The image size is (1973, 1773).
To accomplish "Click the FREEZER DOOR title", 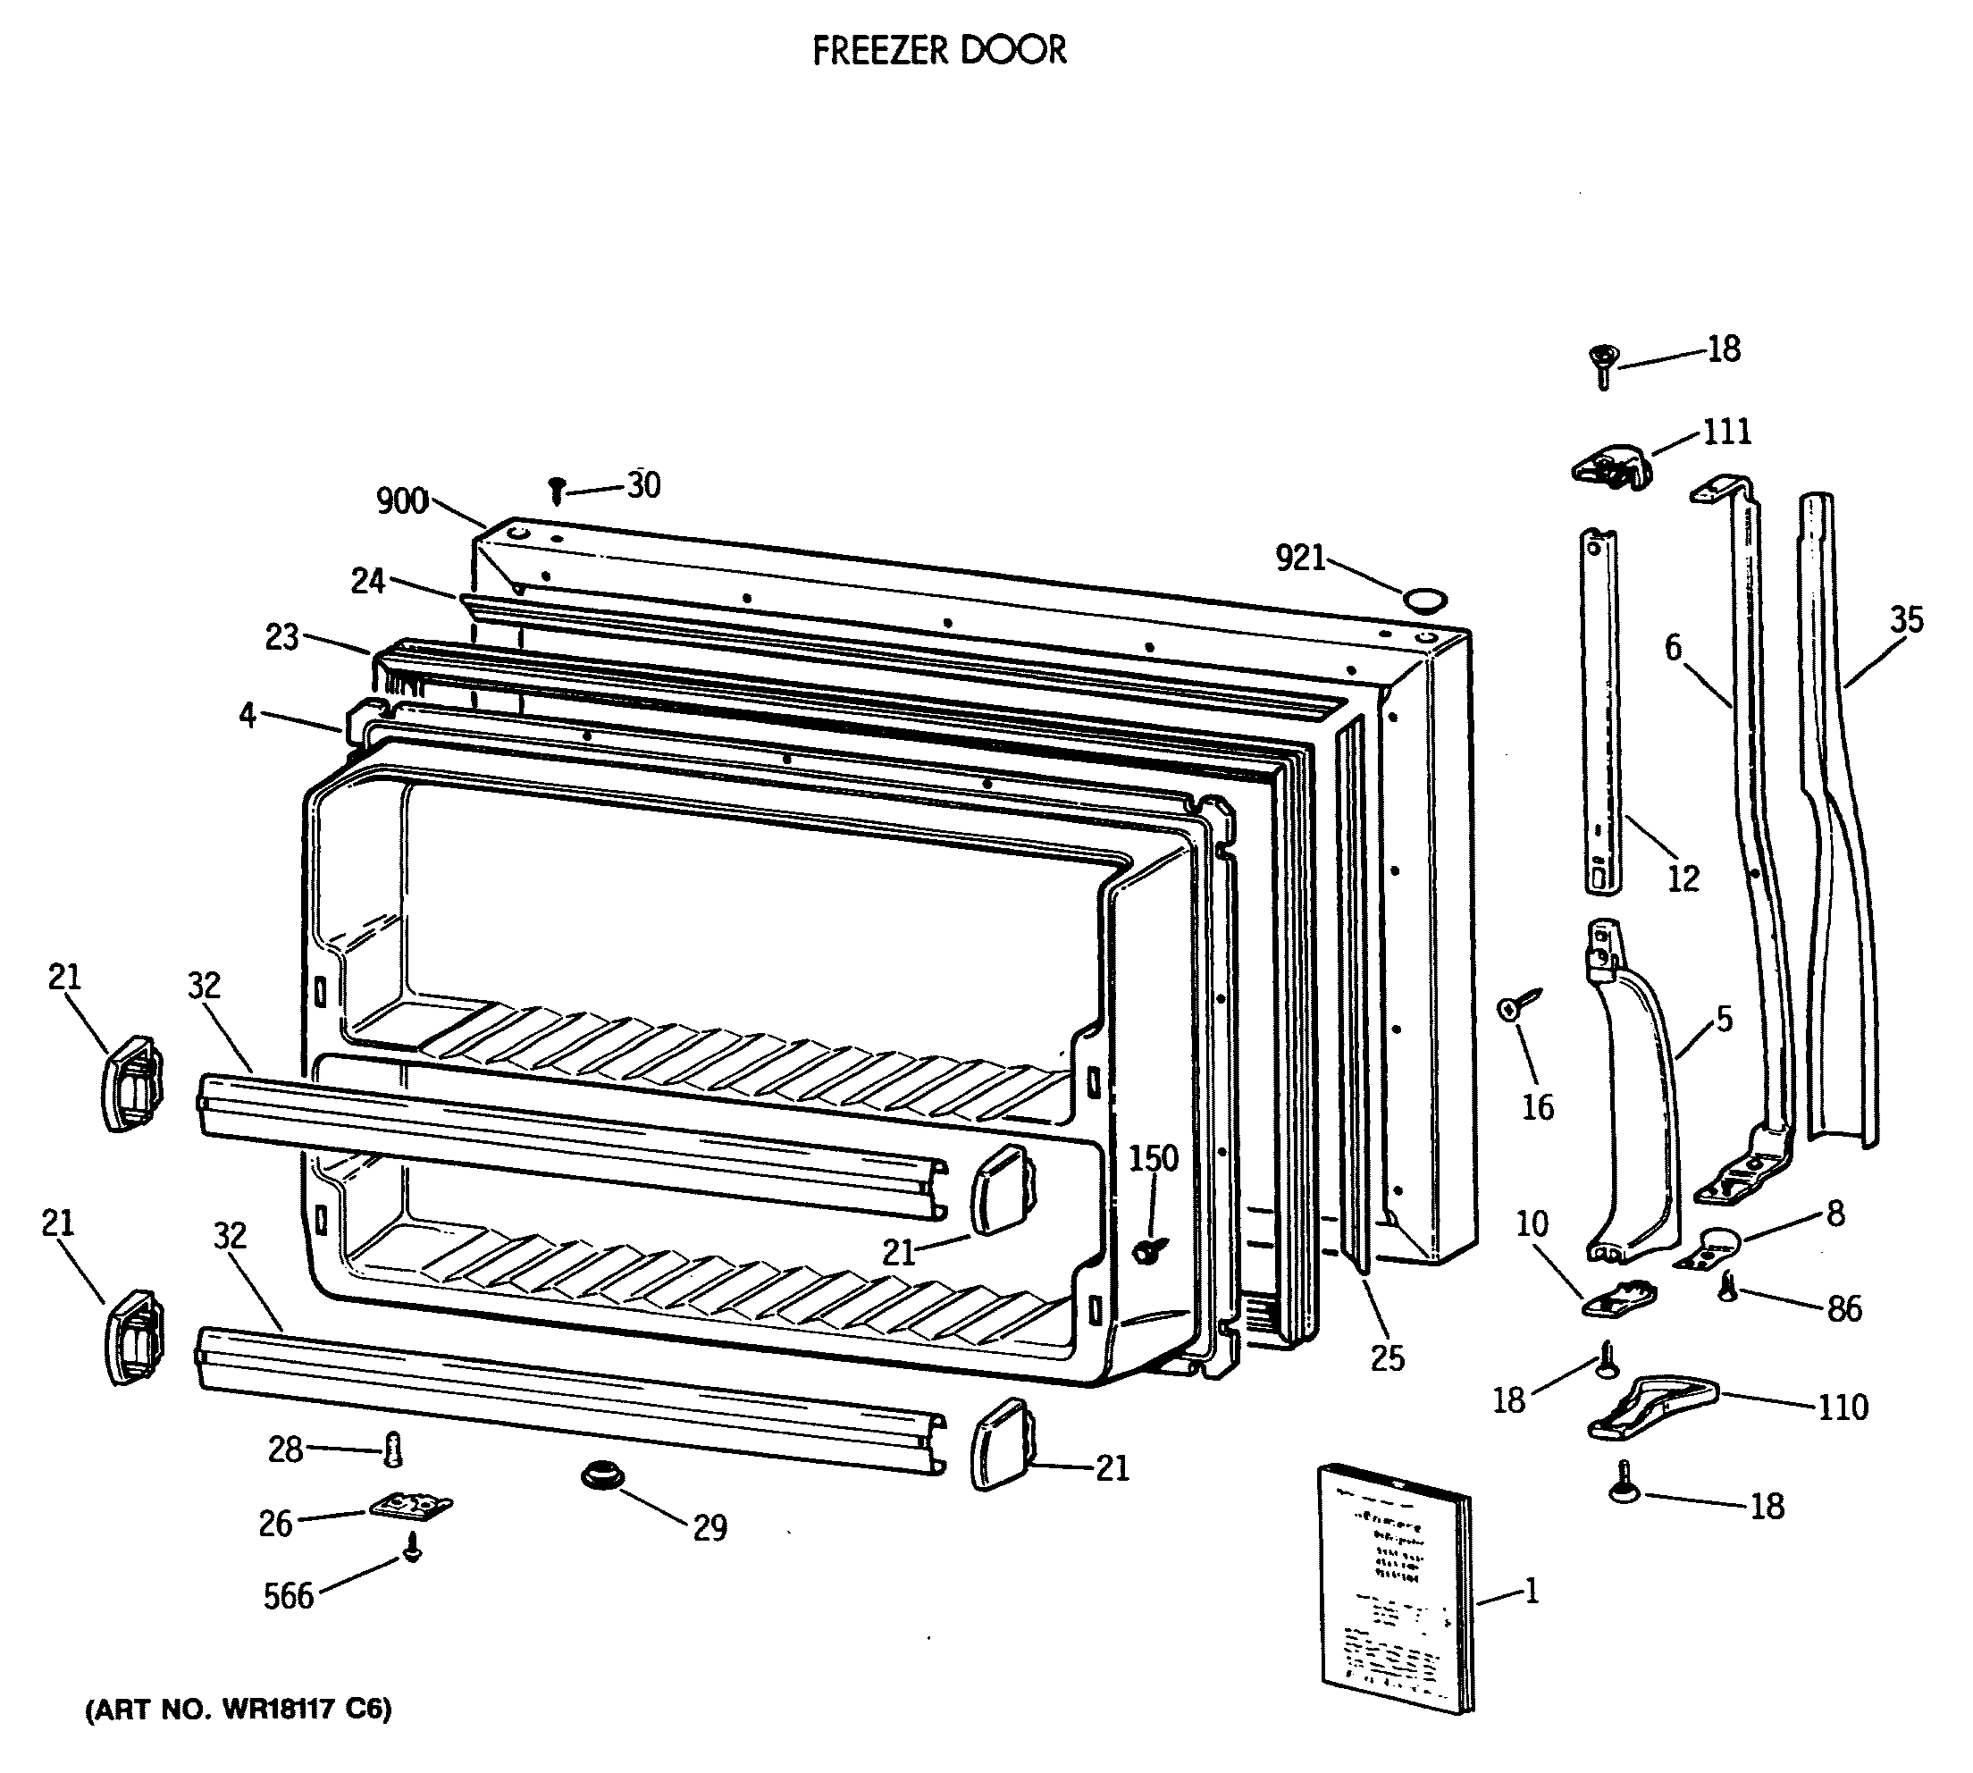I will pyautogui.click(x=939, y=51).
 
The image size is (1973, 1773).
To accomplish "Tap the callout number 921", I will pyautogui.click(x=1301, y=559).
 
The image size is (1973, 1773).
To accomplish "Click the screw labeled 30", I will pyautogui.click(x=557, y=489).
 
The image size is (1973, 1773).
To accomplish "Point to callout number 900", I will pyautogui.click(x=402, y=500).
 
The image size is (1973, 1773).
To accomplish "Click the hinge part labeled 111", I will pyautogui.click(x=1612, y=468).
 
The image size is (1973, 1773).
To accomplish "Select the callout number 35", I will pyautogui.click(x=1906, y=619).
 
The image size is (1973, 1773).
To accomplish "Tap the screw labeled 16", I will pyautogui.click(x=1515, y=1006).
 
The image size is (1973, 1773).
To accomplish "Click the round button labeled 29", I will pyautogui.click(x=604, y=1475).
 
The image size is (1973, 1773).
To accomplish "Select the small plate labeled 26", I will pyautogui.click(x=411, y=1506).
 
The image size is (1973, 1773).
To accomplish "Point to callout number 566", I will pyautogui.click(x=289, y=1596).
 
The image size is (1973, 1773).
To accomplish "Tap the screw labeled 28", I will pyautogui.click(x=393, y=1449).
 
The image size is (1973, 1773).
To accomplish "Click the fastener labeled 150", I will pyautogui.click(x=1147, y=1252).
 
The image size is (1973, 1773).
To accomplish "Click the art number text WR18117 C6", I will pyautogui.click(x=239, y=1709).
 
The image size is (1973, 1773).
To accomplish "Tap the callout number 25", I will pyautogui.click(x=1387, y=1358).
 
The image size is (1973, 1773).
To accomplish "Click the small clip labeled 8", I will pyautogui.click(x=1710, y=1250).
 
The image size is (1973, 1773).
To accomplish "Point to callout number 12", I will pyautogui.click(x=1683, y=878).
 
